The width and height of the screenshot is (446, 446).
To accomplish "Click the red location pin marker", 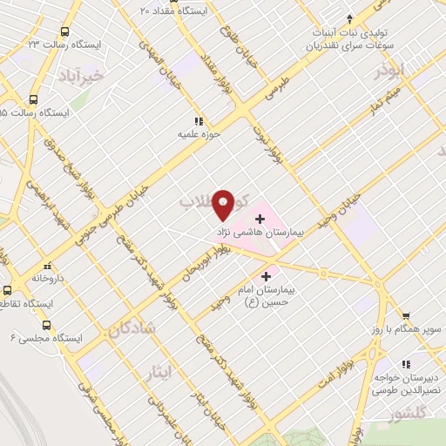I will pyautogui.click(x=224, y=203).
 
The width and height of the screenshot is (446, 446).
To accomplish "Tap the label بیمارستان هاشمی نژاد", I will pyautogui.click(x=259, y=234).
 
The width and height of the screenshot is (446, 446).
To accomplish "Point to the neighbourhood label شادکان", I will pyautogui.click(x=133, y=328).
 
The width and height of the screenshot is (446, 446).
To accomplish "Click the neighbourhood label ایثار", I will pyautogui.click(x=159, y=374).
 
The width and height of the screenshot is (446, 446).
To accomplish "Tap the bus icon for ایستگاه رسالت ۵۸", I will pyautogui.click(x=34, y=99).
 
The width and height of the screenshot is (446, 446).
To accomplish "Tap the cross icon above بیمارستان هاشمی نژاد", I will pyautogui.click(x=259, y=216).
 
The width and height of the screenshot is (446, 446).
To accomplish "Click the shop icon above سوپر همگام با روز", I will pyautogui.click(x=405, y=316).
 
